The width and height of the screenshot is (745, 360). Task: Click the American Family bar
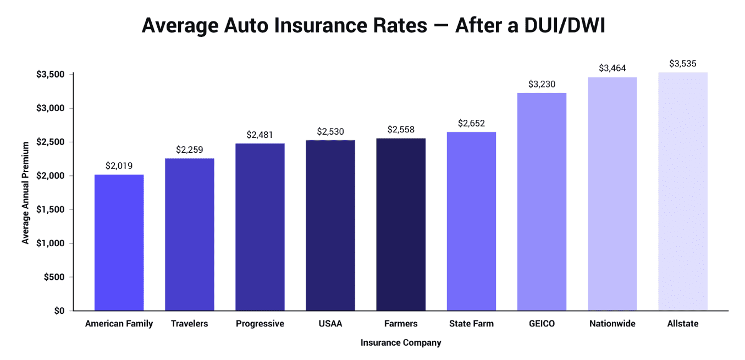(119, 242)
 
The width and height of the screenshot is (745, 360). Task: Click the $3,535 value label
(682, 64)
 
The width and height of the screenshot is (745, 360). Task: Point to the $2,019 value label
(119, 165)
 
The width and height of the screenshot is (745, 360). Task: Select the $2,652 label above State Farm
(471, 123)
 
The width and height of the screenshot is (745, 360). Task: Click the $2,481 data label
(260, 135)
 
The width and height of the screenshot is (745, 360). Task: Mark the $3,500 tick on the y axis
(51, 74)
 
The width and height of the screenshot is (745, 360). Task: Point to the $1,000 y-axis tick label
(51, 243)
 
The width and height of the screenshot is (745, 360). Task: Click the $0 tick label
(59, 311)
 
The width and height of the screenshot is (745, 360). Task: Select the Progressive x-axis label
(260, 324)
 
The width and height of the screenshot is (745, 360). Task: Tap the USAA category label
(330, 324)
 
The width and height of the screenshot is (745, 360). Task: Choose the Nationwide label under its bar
(612, 324)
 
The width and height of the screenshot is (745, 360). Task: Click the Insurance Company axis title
(401, 343)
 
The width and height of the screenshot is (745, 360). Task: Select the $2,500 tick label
(51, 142)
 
